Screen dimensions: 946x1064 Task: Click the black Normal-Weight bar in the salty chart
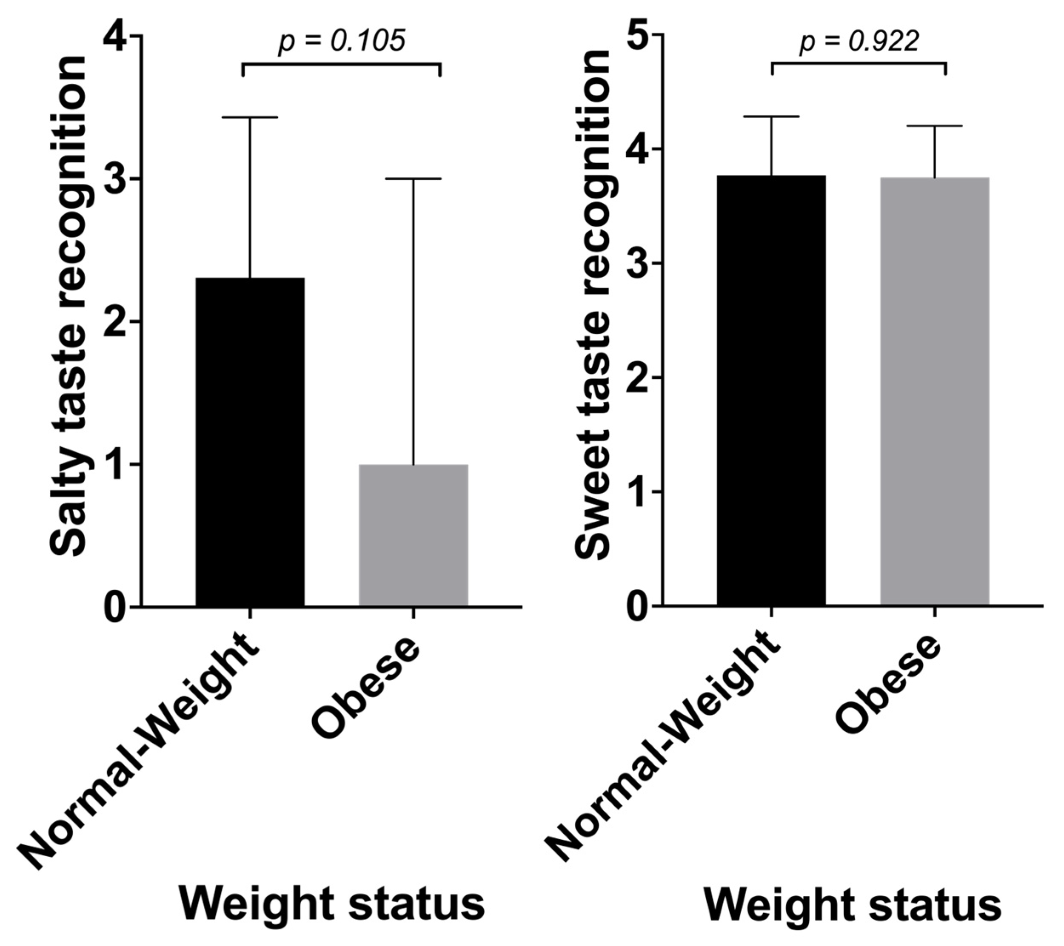click(x=250, y=442)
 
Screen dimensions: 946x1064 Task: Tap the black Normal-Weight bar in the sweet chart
click(x=771, y=390)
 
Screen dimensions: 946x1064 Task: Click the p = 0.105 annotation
click(x=342, y=41)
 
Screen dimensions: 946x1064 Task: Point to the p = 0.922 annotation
click(x=859, y=41)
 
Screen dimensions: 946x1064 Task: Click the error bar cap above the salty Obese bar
click(x=414, y=179)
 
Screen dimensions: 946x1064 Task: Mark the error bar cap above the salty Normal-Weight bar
click(x=250, y=118)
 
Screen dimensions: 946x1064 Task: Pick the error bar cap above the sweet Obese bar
click(x=935, y=126)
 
